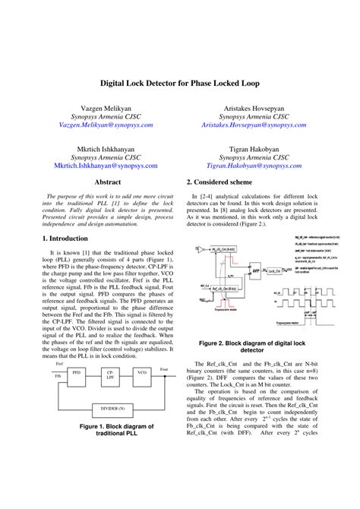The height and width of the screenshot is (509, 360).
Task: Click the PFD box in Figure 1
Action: pyautogui.click(x=76, y=373)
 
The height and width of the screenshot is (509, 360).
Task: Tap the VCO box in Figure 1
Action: pyautogui.click(x=142, y=373)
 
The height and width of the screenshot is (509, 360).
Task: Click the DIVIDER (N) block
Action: pyautogui.click(x=112, y=408)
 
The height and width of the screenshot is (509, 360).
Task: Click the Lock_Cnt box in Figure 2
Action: pyautogui.click(x=273, y=270)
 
